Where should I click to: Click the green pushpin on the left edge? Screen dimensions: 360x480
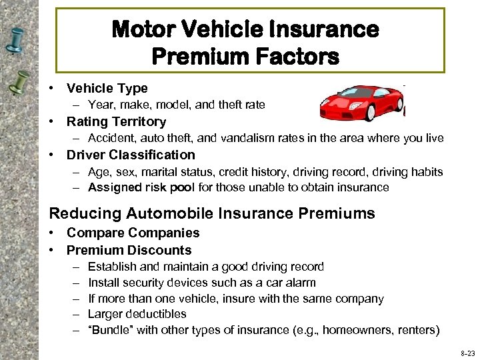click(x=21, y=83)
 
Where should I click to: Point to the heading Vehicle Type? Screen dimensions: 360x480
click(x=107, y=88)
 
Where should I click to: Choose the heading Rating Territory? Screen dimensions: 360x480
click(x=116, y=121)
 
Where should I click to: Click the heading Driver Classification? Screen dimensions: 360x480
click(x=131, y=155)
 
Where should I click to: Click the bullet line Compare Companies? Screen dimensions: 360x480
click(x=133, y=233)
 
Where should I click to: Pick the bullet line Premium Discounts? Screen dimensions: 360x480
click(x=129, y=250)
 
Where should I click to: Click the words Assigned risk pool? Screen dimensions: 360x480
click(x=141, y=187)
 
